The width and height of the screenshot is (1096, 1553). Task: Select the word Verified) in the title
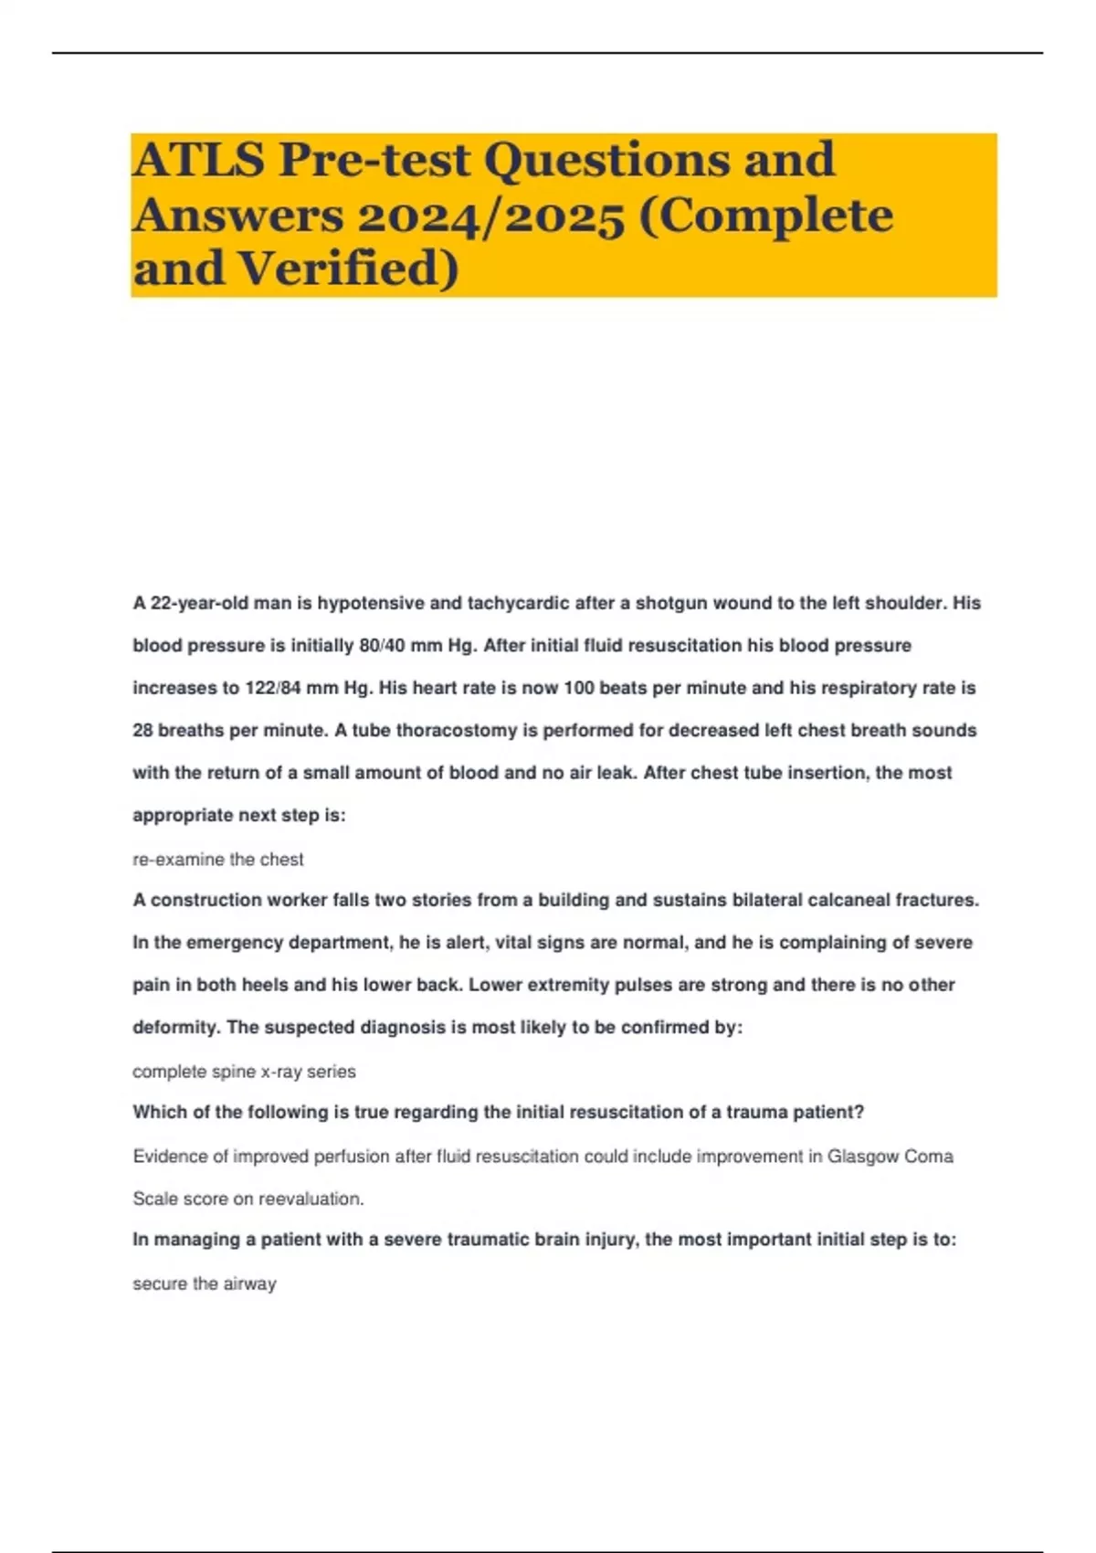tap(348, 269)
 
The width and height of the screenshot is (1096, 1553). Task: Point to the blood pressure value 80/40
tap(382, 646)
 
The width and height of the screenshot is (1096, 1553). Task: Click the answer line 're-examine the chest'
tap(217, 860)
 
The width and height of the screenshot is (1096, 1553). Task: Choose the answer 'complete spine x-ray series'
tap(244, 1072)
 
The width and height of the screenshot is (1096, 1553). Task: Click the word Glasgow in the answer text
tap(862, 1157)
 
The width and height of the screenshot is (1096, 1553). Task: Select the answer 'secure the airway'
tap(204, 1284)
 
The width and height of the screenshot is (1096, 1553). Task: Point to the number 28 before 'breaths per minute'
tap(142, 731)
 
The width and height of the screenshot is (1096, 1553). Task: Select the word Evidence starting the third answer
tap(170, 1157)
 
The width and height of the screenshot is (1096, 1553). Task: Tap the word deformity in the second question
tap(175, 1028)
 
